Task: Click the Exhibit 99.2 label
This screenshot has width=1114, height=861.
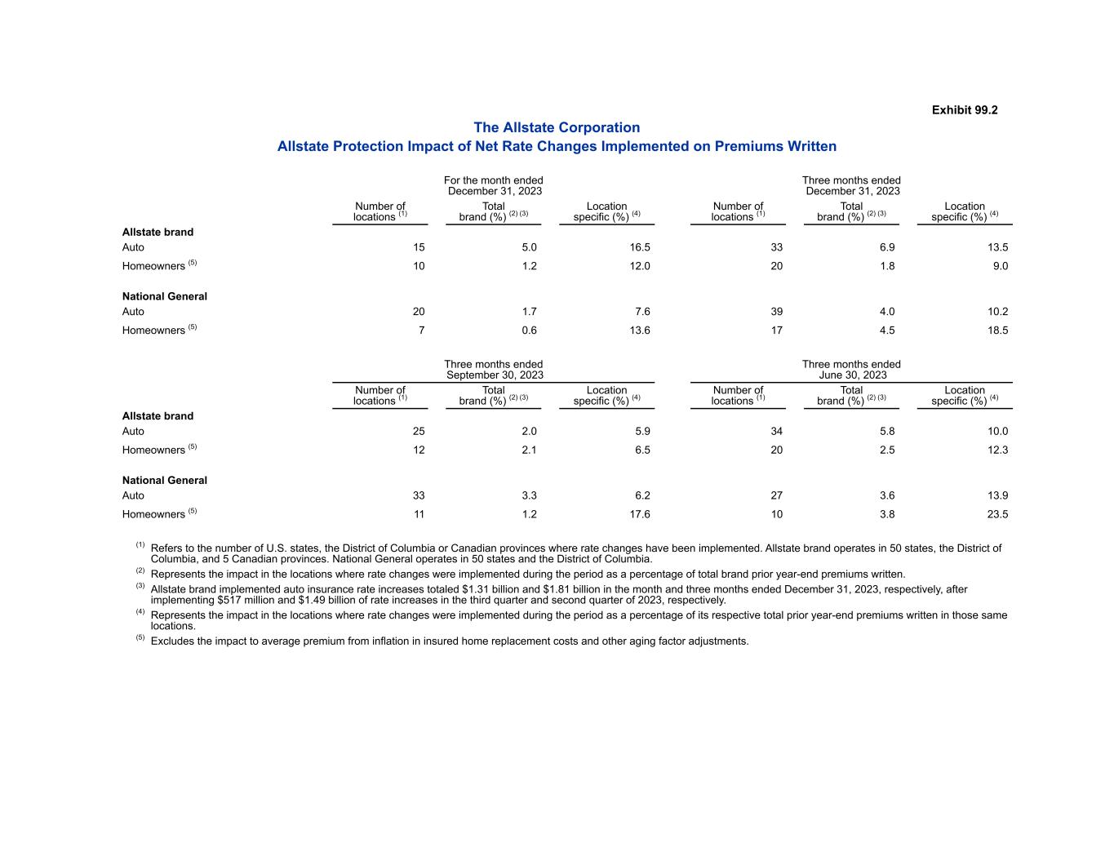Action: click(x=964, y=110)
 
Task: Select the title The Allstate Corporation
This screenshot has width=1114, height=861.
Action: click(x=557, y=127)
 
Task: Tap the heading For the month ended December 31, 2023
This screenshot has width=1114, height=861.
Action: click(x=494, y=185)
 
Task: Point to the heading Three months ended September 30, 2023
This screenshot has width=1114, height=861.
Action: click(x=494, y=370)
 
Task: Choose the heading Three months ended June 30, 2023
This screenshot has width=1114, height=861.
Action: click(x=851, y=370)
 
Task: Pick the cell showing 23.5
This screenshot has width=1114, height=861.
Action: click(x=997, y=514)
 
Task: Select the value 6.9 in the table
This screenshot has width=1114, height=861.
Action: click(x=887, y=247)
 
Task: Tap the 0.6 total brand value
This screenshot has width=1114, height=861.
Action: click(x=529, y=331)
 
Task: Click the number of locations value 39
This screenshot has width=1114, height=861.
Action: click(x=776, y=312)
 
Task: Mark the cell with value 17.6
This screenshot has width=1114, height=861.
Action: click(x=639, y=514)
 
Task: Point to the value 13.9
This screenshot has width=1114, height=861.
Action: click(x=997, y=495)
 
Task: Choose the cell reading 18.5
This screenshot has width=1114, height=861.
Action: click(x=997, y=331)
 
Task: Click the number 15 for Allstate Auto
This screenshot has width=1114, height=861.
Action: click(x=419, y=247)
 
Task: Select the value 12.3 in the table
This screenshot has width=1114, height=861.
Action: click(x=997, y=450)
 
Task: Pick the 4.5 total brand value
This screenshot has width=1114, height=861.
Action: click(x=887, y=331)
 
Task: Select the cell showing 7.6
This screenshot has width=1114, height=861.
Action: click(x=642, y=312)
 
